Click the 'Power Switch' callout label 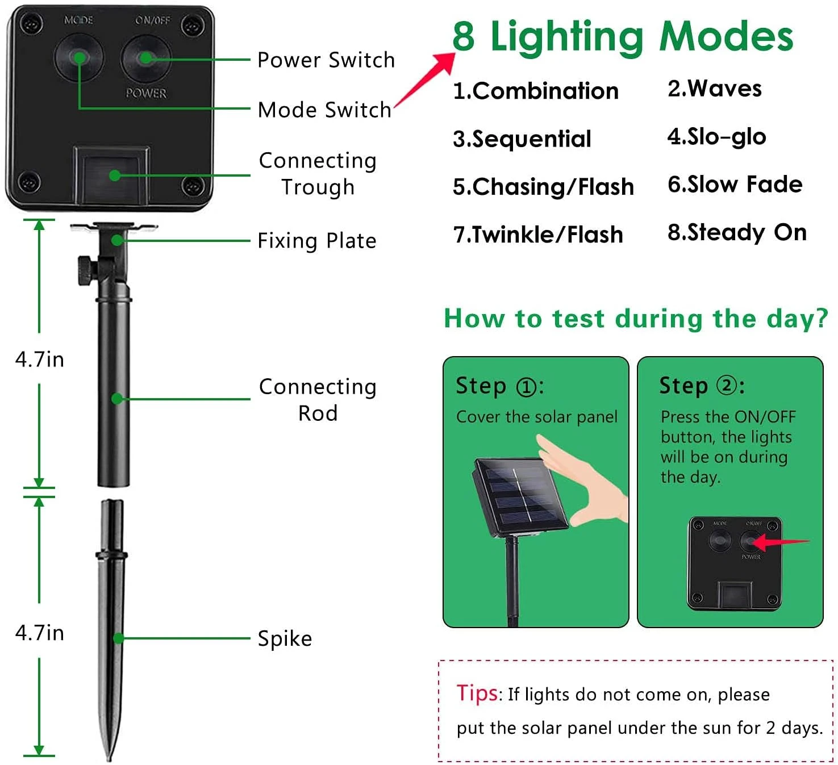(326, 60)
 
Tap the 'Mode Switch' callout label (324, 110)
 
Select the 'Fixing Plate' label (317, 241)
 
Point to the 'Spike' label (285, 638)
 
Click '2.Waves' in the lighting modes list (714, 89)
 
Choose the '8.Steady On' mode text (737, 232)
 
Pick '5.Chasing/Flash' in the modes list (543, 186)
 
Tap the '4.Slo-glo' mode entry (716, 137)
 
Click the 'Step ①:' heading (499, 386)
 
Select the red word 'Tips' (477, 693)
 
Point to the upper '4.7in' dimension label (40, 359)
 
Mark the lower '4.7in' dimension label (40, 633)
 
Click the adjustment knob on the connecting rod (87, 270)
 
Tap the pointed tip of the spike (110, 759)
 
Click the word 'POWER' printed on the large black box (146, 93)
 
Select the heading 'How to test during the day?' (636, 319)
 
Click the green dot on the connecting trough (115, 175)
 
